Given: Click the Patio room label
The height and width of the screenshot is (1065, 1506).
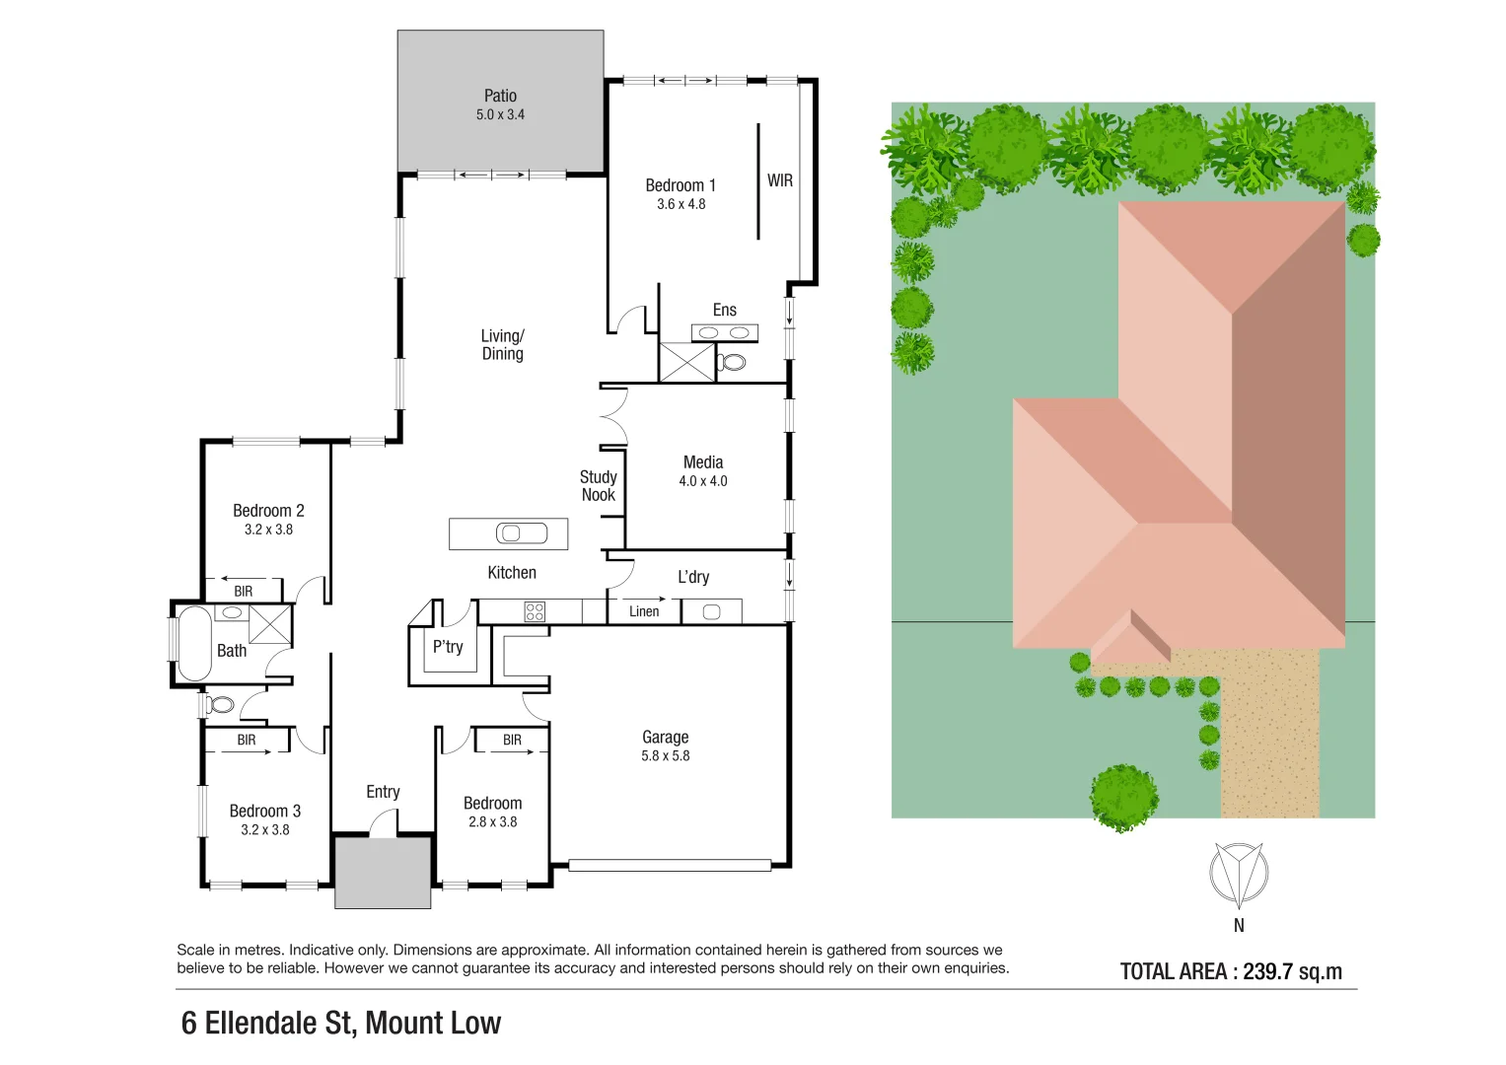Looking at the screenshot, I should [500, 96].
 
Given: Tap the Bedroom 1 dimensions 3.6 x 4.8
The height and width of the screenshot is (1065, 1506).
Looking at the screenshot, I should [681, 204].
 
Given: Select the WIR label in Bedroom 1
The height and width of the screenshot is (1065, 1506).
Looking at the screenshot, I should [779, 180].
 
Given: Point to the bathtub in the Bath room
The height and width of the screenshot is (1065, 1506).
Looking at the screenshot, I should [193, 643].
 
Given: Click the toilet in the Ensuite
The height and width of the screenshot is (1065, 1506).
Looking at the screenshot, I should [732, 362].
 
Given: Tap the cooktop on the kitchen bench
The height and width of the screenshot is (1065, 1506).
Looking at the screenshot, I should [535, 611].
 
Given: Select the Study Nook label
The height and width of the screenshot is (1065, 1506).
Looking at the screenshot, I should [598, 486].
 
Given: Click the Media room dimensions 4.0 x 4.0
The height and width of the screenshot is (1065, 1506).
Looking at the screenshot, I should [702, 481].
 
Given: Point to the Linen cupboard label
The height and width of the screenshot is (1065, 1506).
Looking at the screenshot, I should [644, 611].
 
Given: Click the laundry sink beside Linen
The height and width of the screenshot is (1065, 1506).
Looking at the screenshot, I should [711, 612].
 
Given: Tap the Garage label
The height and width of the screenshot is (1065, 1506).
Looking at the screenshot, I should [665, 737].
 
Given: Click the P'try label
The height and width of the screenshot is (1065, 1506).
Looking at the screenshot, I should [448, 647].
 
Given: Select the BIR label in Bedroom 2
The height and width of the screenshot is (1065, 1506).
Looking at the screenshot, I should [243, 592].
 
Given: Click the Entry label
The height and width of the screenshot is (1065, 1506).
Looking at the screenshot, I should [383, 792].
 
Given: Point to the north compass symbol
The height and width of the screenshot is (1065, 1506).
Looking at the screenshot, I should [1238, 874].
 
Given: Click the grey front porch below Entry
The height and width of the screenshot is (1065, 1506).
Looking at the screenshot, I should [383, 873].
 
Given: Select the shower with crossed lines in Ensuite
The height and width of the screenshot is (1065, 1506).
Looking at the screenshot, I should [686, 362].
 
